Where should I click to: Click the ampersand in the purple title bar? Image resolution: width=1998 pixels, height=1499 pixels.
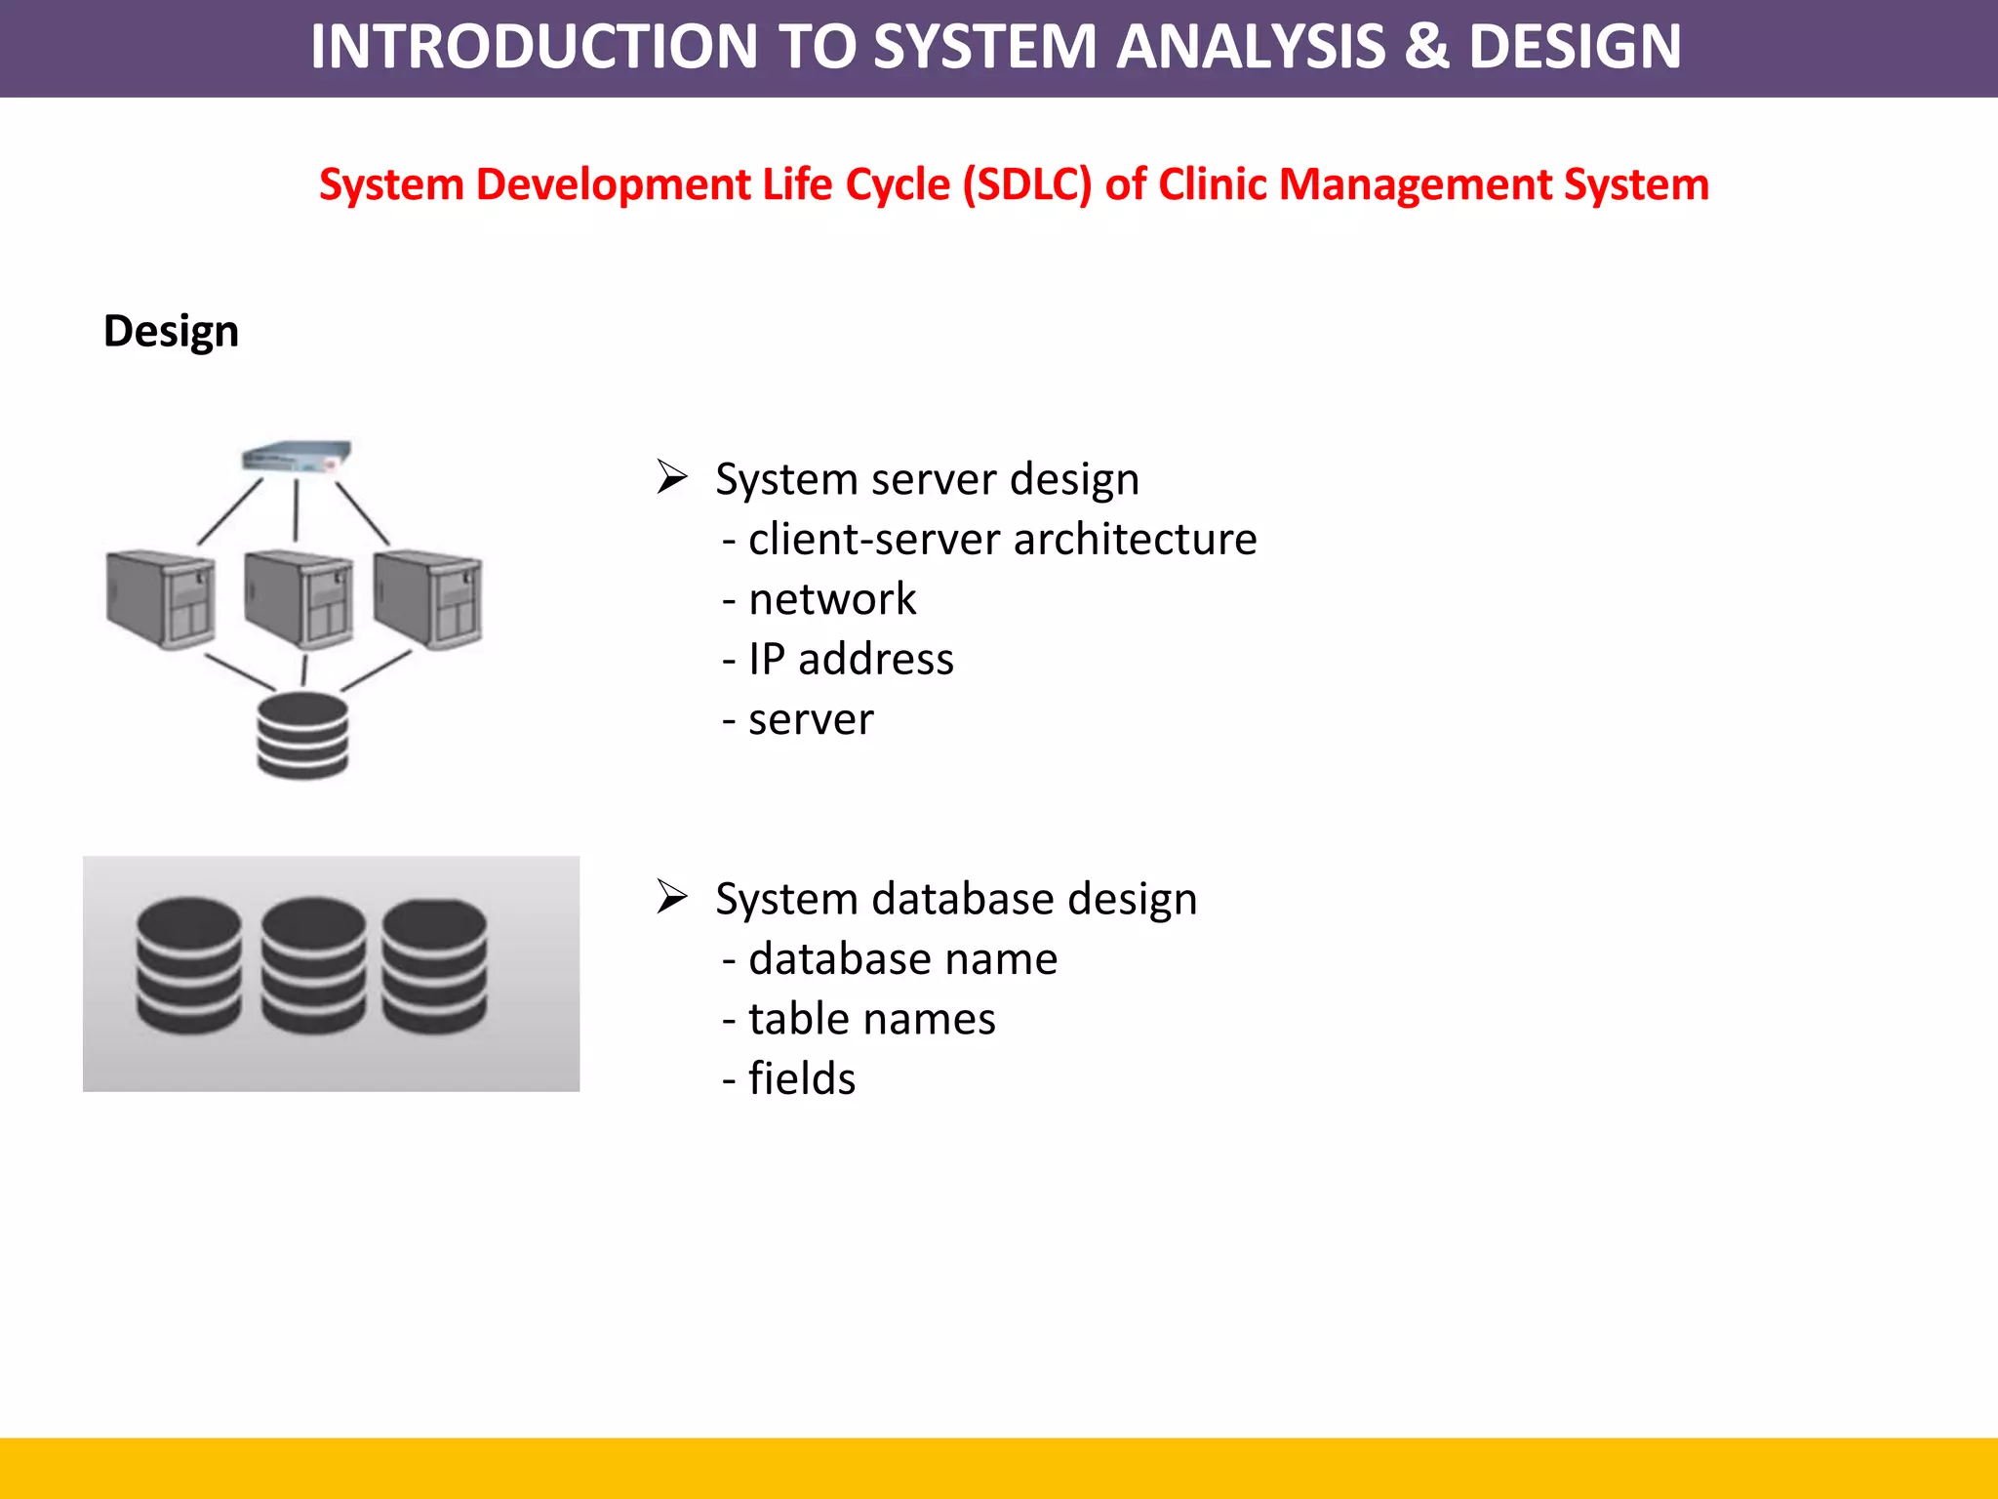click(x=1425, y=47)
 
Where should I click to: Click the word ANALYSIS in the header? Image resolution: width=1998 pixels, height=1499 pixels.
click(x=1251, y=47)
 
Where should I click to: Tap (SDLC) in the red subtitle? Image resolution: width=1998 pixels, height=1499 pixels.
click(x=1027, y=184)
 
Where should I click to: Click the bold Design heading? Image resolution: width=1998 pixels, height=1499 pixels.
click(x=171, y=331)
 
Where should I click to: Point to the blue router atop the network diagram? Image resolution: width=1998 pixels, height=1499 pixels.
click(x=297, y=456)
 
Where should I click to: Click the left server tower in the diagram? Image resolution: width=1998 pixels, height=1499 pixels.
click(x=160, y=599)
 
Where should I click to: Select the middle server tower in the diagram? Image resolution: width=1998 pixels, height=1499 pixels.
click(x=299, y=599)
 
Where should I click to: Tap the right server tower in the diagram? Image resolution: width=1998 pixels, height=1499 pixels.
click(x=427, y=599)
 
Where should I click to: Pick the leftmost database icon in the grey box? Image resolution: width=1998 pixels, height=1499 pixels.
click(x=188, y=965)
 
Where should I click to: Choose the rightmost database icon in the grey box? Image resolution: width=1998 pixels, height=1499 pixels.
click(x=434, y=965)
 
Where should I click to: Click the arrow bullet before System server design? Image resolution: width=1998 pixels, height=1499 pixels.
click(x=672, y=477)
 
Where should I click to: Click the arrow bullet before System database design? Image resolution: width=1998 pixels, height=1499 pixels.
click(x=672, y=896)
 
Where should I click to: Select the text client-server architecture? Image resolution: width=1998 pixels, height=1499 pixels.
click(x=1002, y=540)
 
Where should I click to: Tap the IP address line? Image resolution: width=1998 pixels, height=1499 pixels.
click(x=850, y=660)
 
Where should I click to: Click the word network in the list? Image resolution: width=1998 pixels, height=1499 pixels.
click(x=831, y=599)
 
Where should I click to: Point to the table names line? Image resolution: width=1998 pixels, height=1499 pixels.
click(x=871, y=1019)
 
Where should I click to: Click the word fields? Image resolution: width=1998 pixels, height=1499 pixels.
click(x=801, y=1079)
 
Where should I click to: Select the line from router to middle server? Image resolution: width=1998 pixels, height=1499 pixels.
click(x=297, y=509)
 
